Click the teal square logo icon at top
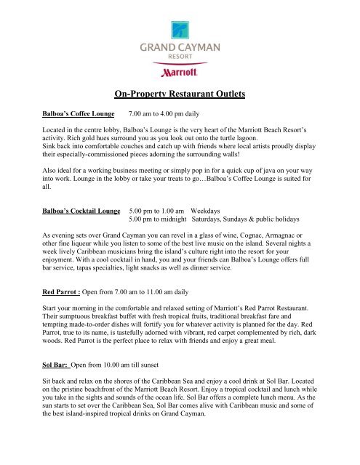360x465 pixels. tap(180, 28)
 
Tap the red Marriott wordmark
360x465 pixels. tap(180, 73)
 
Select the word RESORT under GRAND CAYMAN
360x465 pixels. tap(180, 60)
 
